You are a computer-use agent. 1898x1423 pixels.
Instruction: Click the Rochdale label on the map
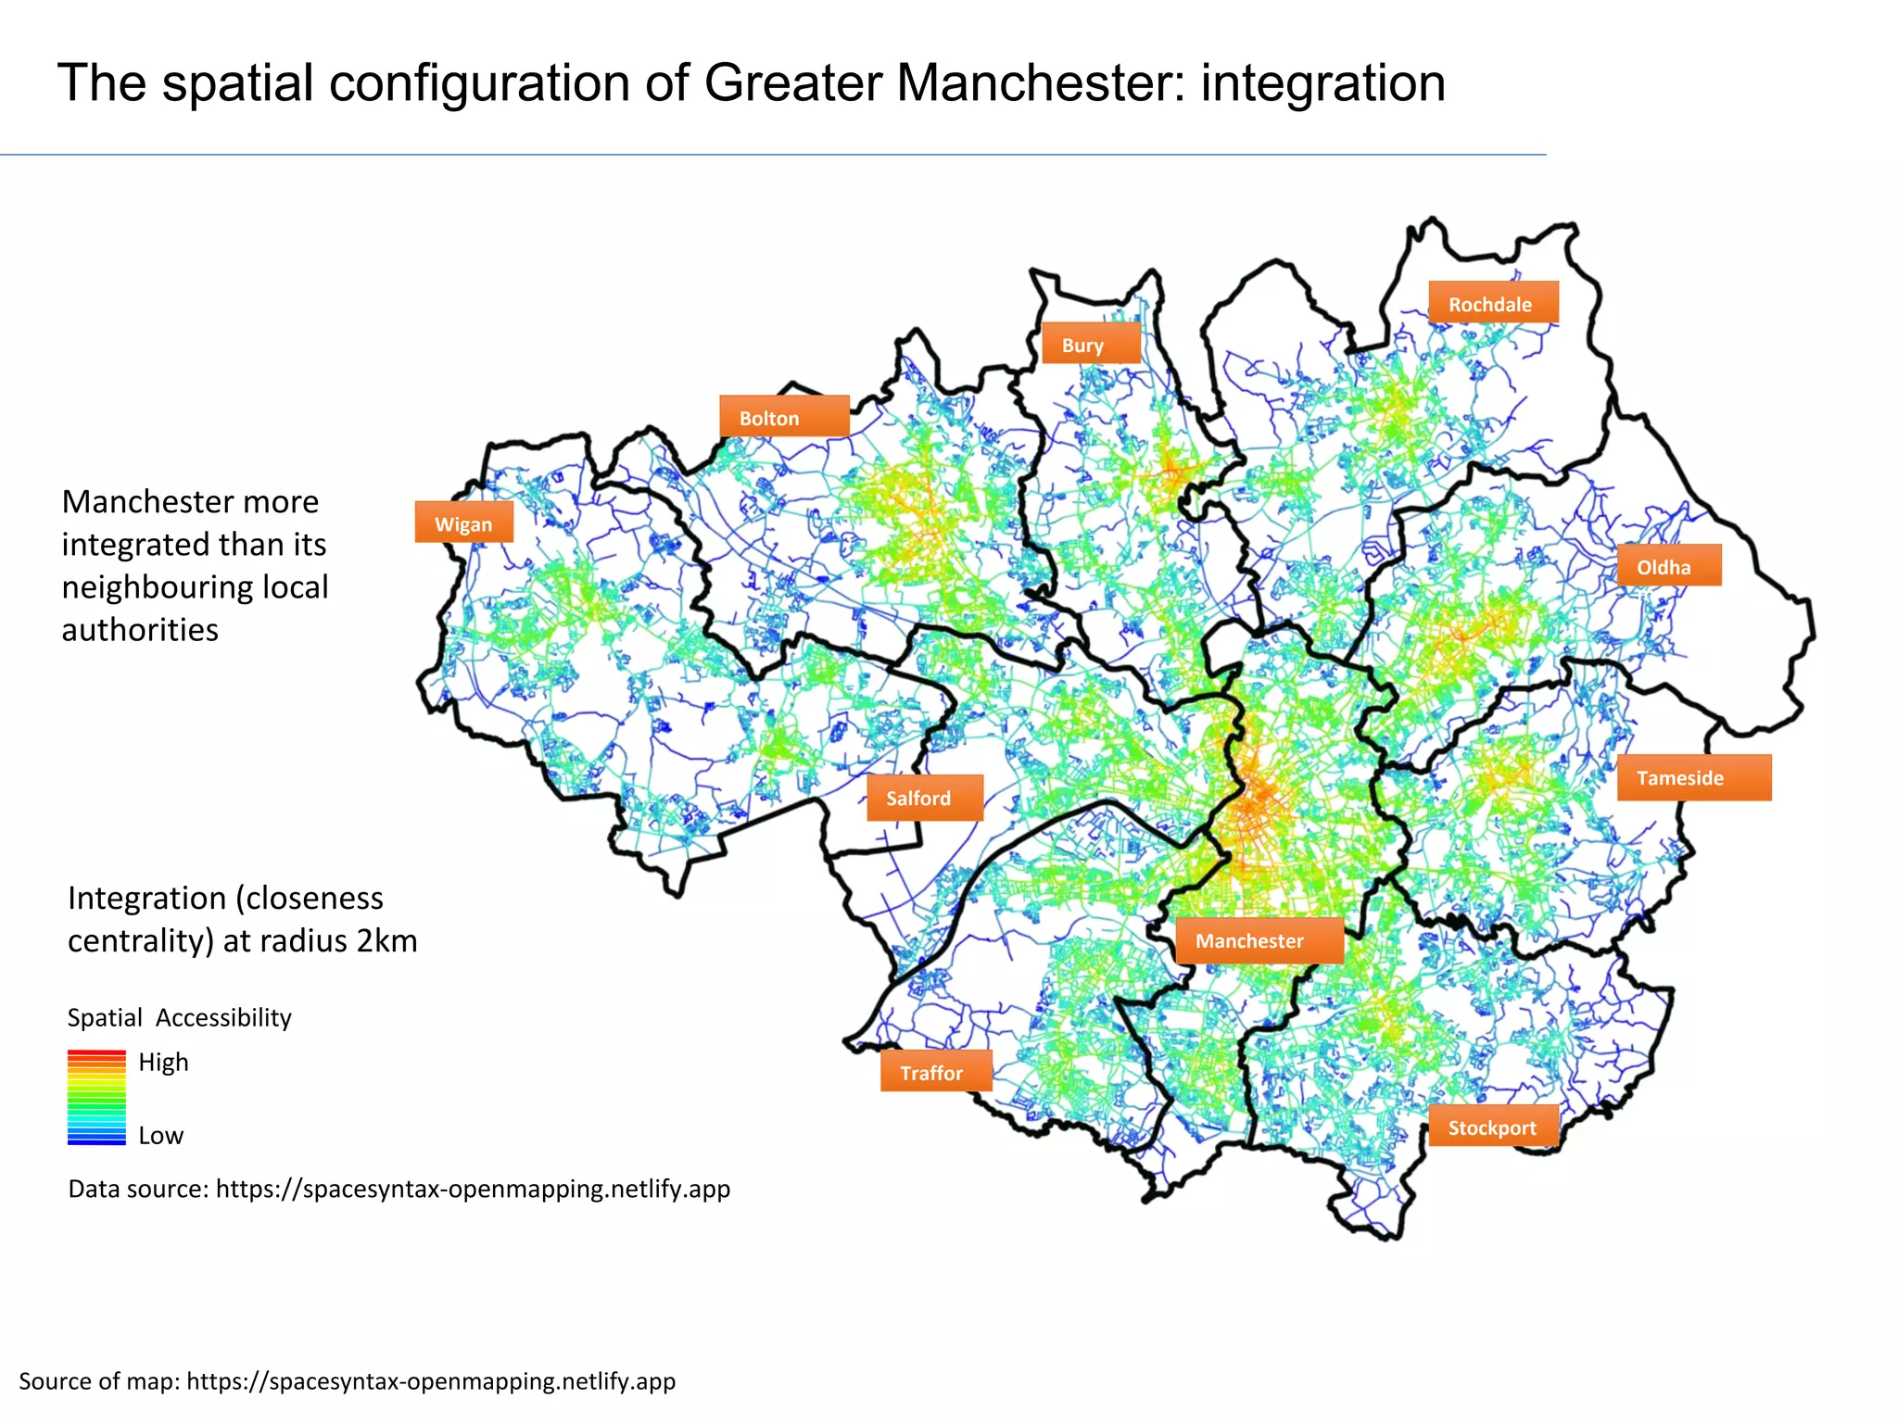1492,303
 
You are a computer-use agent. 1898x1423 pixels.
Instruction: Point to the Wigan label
463,523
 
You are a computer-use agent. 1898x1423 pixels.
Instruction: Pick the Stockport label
1492,1127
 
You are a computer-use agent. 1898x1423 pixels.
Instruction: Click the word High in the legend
163,1062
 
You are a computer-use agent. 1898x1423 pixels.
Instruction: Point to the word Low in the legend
160,1136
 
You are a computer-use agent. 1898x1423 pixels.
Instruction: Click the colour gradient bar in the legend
96,1098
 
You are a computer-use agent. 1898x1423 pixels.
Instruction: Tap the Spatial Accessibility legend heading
179,1017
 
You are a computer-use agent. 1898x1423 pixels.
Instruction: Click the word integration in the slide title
1322,83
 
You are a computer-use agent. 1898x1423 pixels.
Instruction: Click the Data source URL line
399,1189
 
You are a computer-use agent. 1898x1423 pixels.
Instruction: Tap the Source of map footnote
347,1381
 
